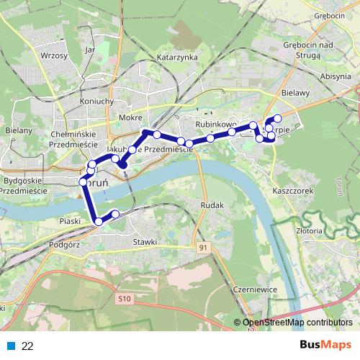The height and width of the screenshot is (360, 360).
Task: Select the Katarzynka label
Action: click(x=177, y=58)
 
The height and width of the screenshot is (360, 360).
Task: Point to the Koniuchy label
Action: click(x=98, y=101)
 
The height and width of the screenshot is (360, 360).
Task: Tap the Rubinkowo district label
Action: click(x=216, y=125)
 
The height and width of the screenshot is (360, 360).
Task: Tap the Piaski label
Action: click(x=70, y=221)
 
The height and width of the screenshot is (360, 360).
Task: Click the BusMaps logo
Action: click(x=325, y=346)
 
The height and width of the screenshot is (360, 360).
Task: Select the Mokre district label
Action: click(x=130, y=117)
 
